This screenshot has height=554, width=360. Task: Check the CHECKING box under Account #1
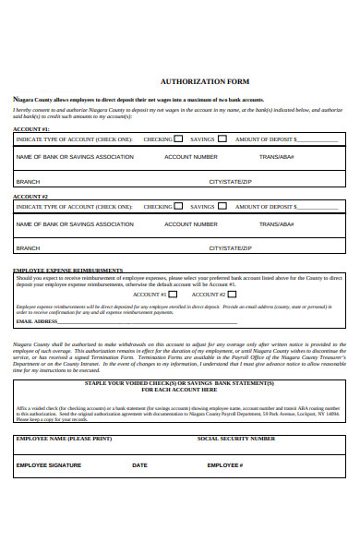click(178, 139)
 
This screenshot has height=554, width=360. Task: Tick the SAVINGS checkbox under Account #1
click(222, 139)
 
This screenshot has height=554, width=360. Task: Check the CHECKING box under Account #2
click(178, 207)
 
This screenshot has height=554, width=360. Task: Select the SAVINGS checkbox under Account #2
click(222, 207)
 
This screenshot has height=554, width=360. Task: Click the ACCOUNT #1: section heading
click(31, 129)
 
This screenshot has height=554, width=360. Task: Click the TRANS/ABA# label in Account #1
click(277, 157)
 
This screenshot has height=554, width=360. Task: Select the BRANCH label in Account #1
click(29, 182)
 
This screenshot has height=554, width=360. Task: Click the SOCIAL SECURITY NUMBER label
click(235, 439)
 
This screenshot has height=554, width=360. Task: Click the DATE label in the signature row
click(139, 465)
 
